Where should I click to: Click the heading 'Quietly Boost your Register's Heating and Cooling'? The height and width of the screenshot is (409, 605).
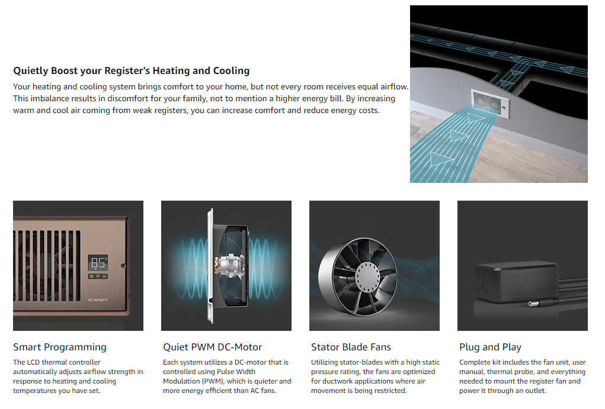click(131, 71)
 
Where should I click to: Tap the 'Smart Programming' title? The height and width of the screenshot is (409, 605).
click(60, 347)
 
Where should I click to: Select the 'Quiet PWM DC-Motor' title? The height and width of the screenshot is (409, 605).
click(213, 347)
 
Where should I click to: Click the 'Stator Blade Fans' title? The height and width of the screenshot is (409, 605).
click(351, 347)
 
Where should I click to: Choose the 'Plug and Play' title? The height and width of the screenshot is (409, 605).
click(490, 347)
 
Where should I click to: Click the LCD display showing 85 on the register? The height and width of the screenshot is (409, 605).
click(98, 263)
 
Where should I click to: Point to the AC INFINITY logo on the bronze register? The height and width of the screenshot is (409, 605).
click(98, 300)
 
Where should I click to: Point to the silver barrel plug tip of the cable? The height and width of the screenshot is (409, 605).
click(534, 304)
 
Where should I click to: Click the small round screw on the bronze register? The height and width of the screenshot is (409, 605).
click(123, 266)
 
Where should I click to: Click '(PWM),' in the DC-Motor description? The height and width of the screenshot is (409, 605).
click(212, 381)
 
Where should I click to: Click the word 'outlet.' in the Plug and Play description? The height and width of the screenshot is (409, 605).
click(535, 391)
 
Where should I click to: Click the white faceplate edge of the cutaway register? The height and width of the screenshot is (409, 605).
click(210, 266)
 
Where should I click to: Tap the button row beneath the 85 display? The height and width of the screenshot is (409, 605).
click(98, 276)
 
